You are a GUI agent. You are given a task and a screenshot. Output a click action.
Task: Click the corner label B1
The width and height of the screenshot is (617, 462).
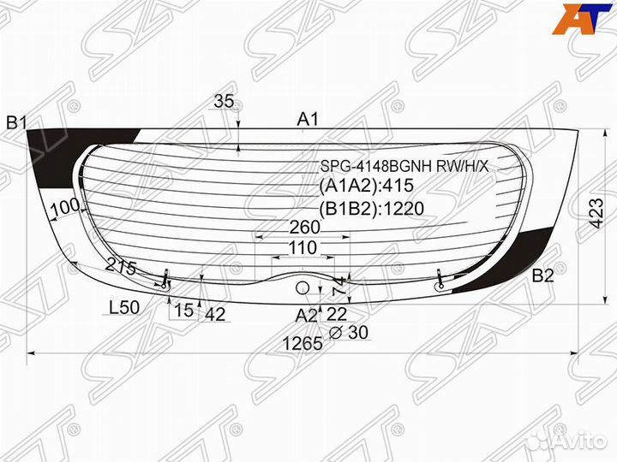(x=16, y=123)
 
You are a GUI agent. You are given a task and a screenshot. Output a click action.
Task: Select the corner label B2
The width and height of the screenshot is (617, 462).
(x=542, y=275)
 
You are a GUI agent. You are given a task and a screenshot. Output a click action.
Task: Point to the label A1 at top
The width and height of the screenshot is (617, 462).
(x=308, y=119)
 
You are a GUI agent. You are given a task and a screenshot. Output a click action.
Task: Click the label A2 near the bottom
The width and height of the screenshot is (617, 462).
(x=306, y=316)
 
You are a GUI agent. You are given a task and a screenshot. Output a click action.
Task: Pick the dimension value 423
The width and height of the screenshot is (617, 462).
(x=596, y=213)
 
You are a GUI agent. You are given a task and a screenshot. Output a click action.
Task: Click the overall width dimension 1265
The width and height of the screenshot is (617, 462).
(x=303, y=344)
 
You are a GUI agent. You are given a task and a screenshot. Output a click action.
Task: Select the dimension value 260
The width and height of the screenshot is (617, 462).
(x=305, y=227)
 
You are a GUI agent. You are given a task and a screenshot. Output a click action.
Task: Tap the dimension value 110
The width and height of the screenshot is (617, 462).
(x=303, y=248)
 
